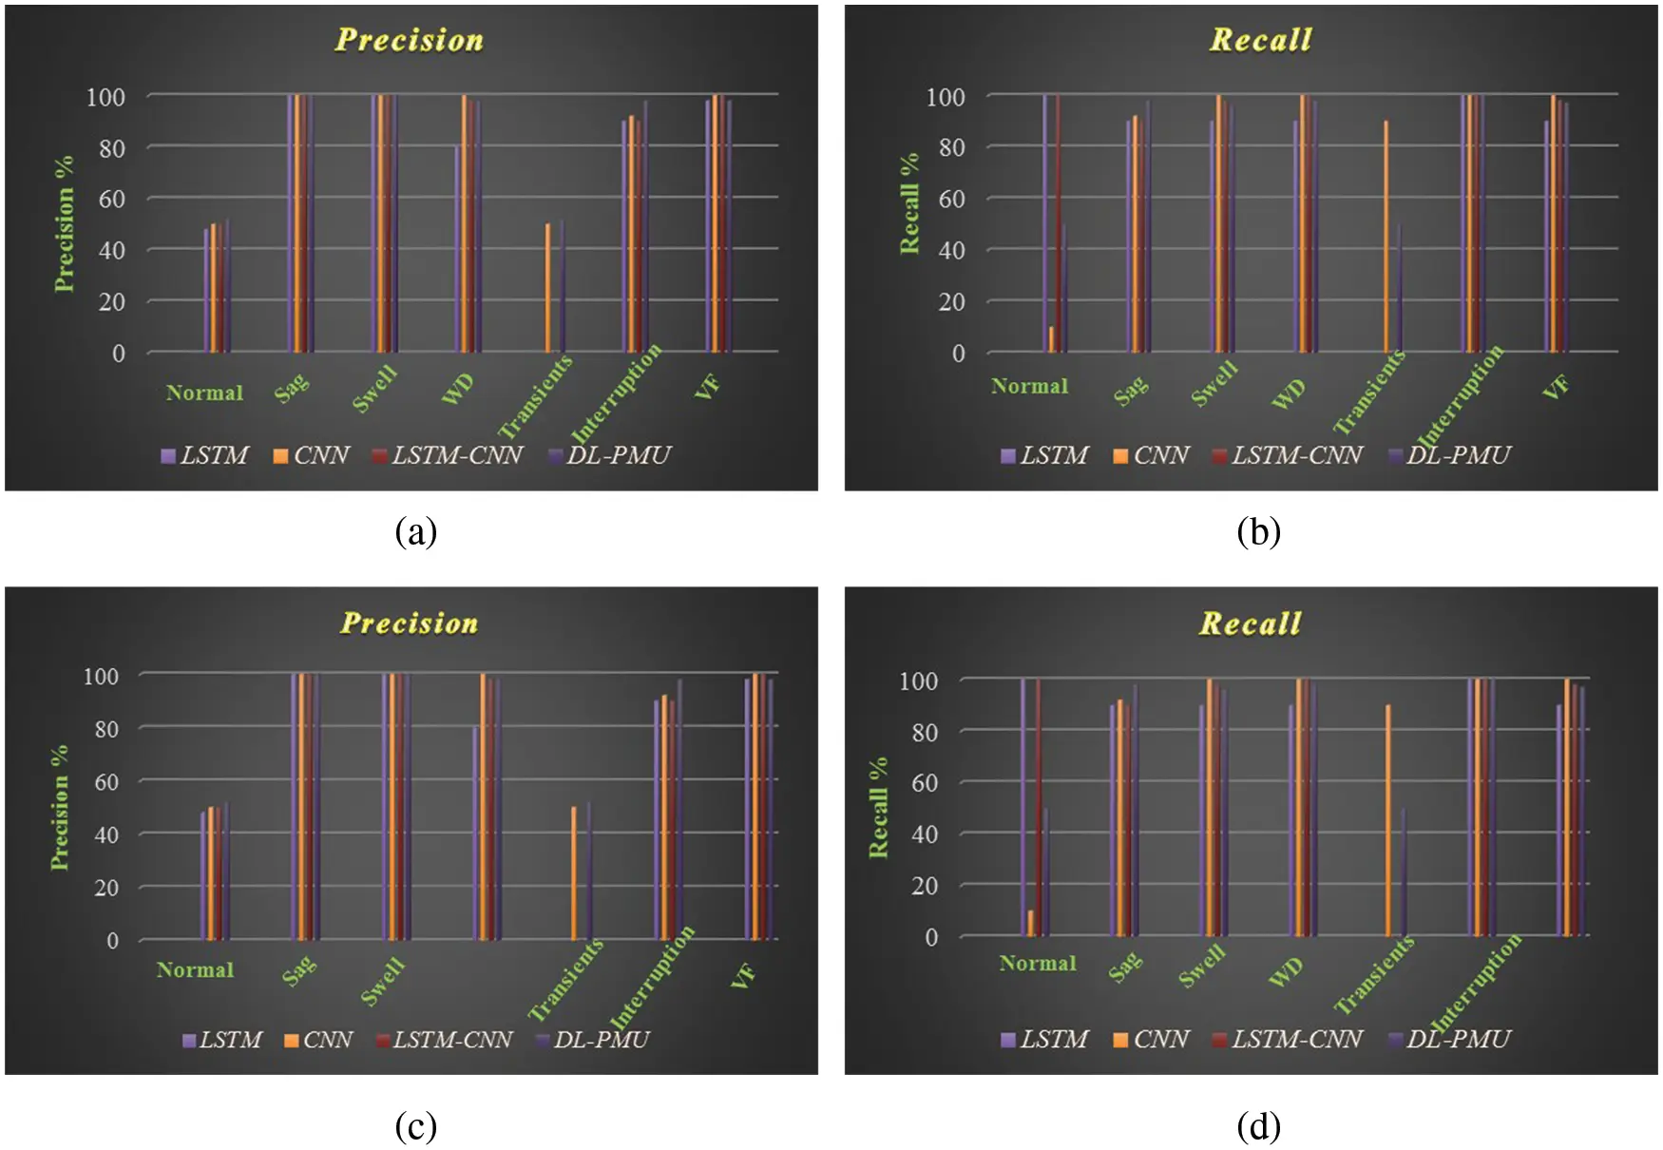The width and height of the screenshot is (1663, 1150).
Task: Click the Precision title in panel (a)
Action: [x=410, y=40]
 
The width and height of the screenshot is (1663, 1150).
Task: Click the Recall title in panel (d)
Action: [x=1250, y=623]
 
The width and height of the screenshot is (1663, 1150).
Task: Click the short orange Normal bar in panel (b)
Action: [x=1051, y=339]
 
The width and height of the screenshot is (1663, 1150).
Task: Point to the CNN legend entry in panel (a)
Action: [x=311, y=456]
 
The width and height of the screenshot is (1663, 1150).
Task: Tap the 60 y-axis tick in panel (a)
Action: [x=112, y=200]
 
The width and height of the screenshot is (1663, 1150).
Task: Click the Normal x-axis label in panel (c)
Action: [x=195, y=970]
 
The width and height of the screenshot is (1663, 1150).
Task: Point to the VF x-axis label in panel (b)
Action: [x=1555, y=387]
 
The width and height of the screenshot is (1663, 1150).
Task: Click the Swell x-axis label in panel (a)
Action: [x=374, y=389]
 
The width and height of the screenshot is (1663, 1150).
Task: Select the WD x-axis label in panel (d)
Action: [x=1286, y=971]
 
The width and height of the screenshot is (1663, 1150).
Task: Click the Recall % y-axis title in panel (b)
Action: [x=909, y=203]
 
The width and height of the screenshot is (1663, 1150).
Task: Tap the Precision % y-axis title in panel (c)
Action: [x=60, y=807]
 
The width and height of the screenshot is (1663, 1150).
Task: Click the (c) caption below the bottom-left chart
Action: [x=415, y=1126]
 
